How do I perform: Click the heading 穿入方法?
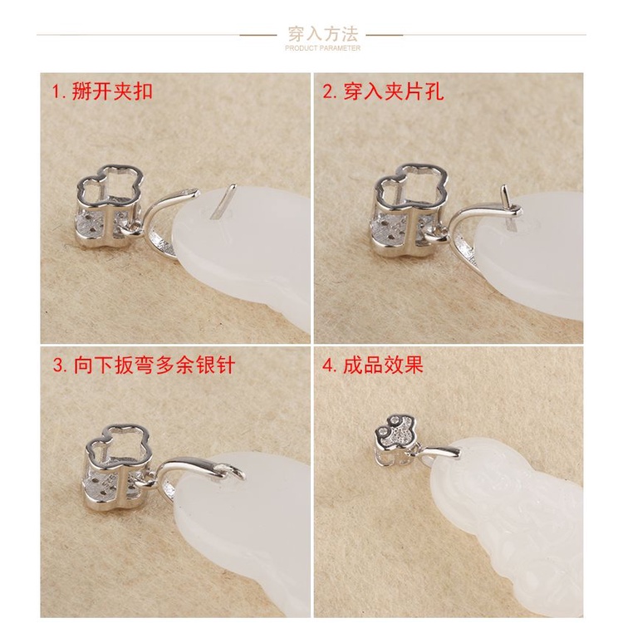pyautogui.click(x=322, y=34)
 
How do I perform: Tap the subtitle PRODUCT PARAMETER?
pyautogui.click(x=322, y=48)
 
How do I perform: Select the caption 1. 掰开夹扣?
pyautogui.click(x=103, y=91)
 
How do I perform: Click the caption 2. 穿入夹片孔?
pyautogui.click(x=384, y=91)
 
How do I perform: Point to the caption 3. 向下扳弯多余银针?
pyautogui.click(x=144, y=365)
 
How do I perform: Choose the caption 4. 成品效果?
pyautogui.click(x=373, y=365)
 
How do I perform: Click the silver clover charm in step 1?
pyautogui.click(x=110, y=207)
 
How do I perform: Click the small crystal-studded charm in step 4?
pyautogui.click(x=394, y=441)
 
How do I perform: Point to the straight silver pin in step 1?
pyautogui.click(x=223, y=202)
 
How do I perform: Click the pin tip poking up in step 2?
pyautogui.click(x=505, y=194)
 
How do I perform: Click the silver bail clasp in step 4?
pyautogui.click(x=440, y=452)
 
